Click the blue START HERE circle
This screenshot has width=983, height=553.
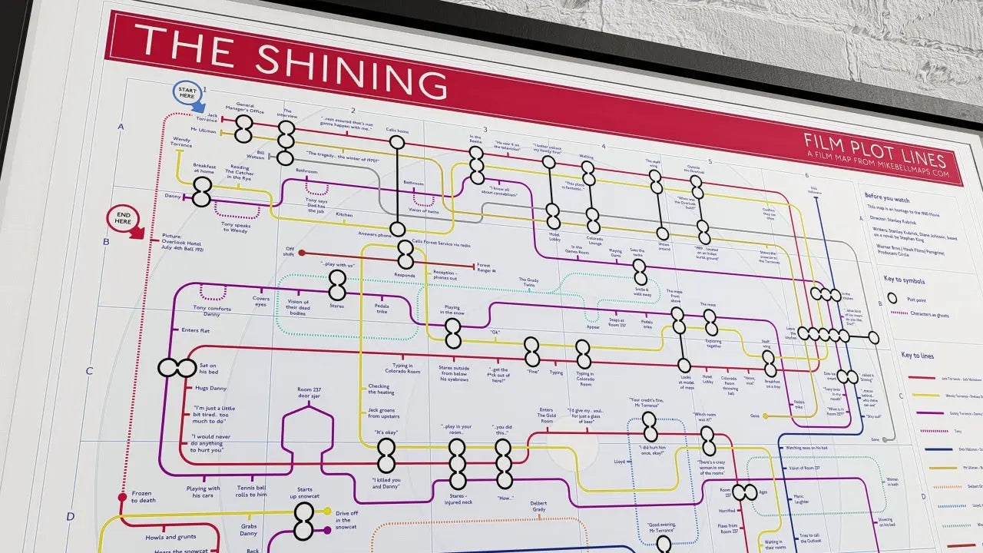point(188,93)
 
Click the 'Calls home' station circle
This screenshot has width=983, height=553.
point(397,142)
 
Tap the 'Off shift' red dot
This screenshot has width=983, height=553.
point(302,253)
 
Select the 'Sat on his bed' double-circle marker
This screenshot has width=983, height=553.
point(177,368)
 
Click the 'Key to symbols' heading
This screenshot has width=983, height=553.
point(904,281)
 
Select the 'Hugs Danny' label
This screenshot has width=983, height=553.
point(210,389)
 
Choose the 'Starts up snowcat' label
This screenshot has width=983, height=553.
point(304,493)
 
